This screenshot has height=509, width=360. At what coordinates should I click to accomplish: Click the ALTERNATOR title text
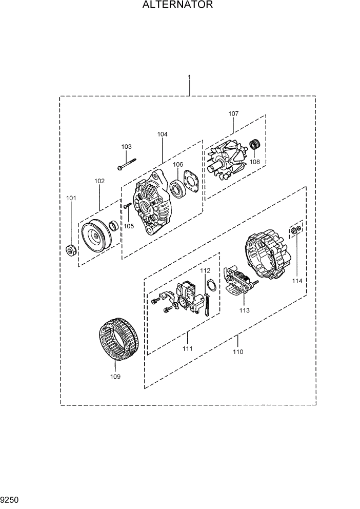tap(177, 6)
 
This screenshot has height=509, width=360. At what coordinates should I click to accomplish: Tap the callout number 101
tap(71, 198)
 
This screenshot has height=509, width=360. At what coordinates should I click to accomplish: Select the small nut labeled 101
tap(72, 250)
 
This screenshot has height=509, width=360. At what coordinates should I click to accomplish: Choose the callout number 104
tap(162, 134)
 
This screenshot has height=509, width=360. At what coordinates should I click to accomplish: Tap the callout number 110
tap(238, 352)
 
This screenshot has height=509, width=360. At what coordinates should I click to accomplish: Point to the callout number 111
tap(187, 349)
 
